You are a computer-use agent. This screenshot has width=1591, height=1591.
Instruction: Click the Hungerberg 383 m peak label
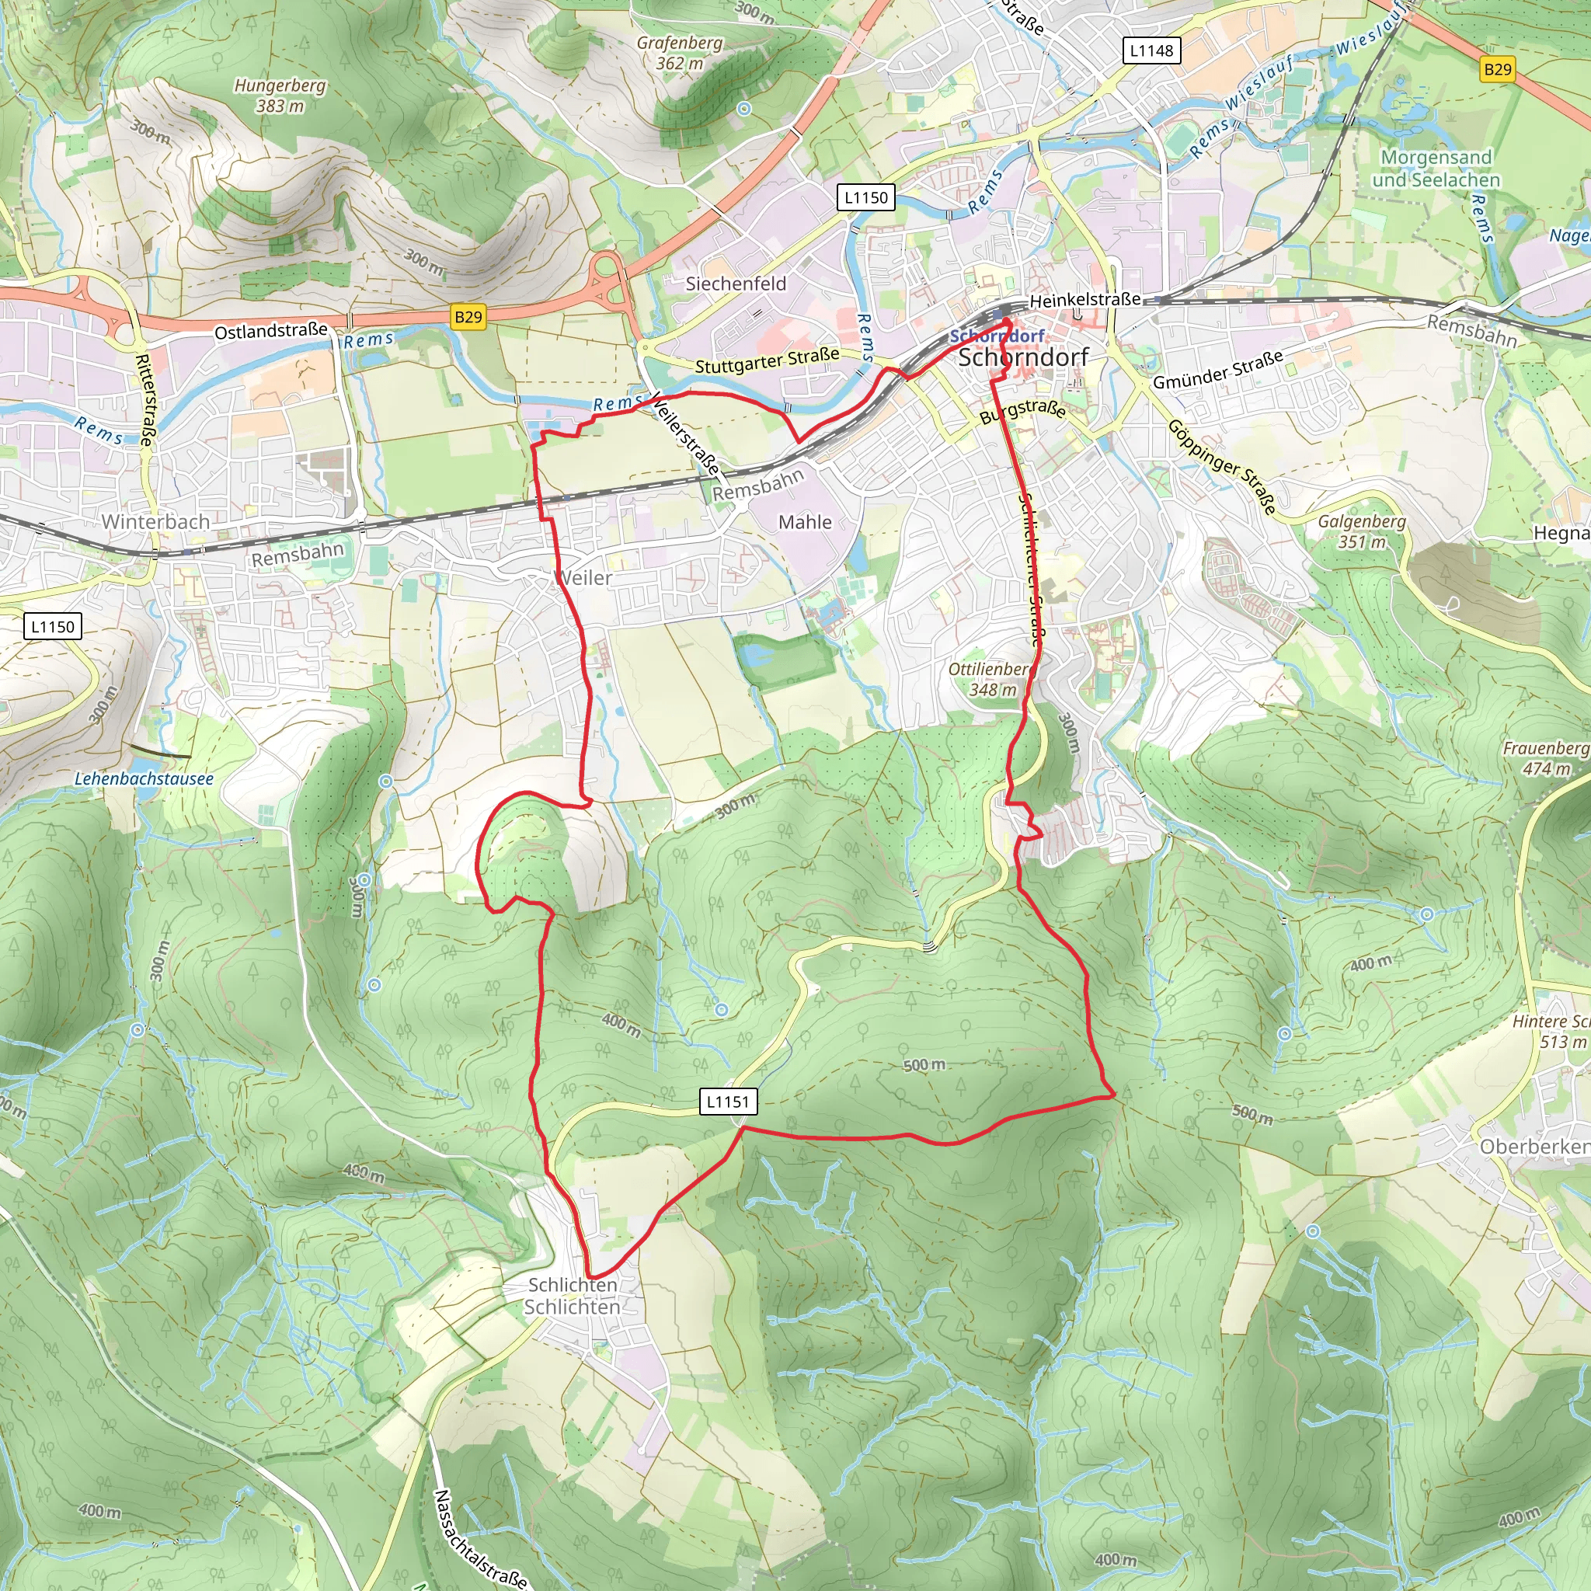(279, 96)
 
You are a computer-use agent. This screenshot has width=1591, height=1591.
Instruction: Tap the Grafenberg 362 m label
(680, 53)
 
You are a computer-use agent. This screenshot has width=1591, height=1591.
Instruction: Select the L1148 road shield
(1151, 50)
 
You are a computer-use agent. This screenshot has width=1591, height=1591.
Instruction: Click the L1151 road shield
(728, 1101)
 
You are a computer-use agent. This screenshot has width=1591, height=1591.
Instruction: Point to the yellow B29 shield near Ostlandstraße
(468, 316)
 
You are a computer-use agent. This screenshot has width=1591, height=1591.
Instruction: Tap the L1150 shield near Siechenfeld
(866, 197)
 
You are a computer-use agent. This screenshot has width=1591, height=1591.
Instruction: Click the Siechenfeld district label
(736, 284)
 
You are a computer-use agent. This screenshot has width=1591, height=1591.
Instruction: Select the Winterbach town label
(155, 522)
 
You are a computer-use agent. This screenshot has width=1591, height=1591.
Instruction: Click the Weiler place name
(584, 578)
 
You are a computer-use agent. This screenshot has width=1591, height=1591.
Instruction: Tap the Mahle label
(805, 522)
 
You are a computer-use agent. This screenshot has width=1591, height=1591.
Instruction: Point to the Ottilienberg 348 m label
(991, 680)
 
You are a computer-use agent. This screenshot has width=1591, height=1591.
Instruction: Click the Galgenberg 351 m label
(1361, 531)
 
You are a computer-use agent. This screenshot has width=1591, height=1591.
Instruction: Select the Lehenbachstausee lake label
(144, 778)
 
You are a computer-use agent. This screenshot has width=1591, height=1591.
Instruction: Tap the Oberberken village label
(1534, 1147)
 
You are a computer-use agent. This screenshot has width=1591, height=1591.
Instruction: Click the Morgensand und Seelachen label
(1436, 168)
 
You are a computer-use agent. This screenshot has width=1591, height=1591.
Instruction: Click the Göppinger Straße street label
(1222, 466)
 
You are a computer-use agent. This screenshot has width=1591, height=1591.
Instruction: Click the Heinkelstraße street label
(1084, 300)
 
